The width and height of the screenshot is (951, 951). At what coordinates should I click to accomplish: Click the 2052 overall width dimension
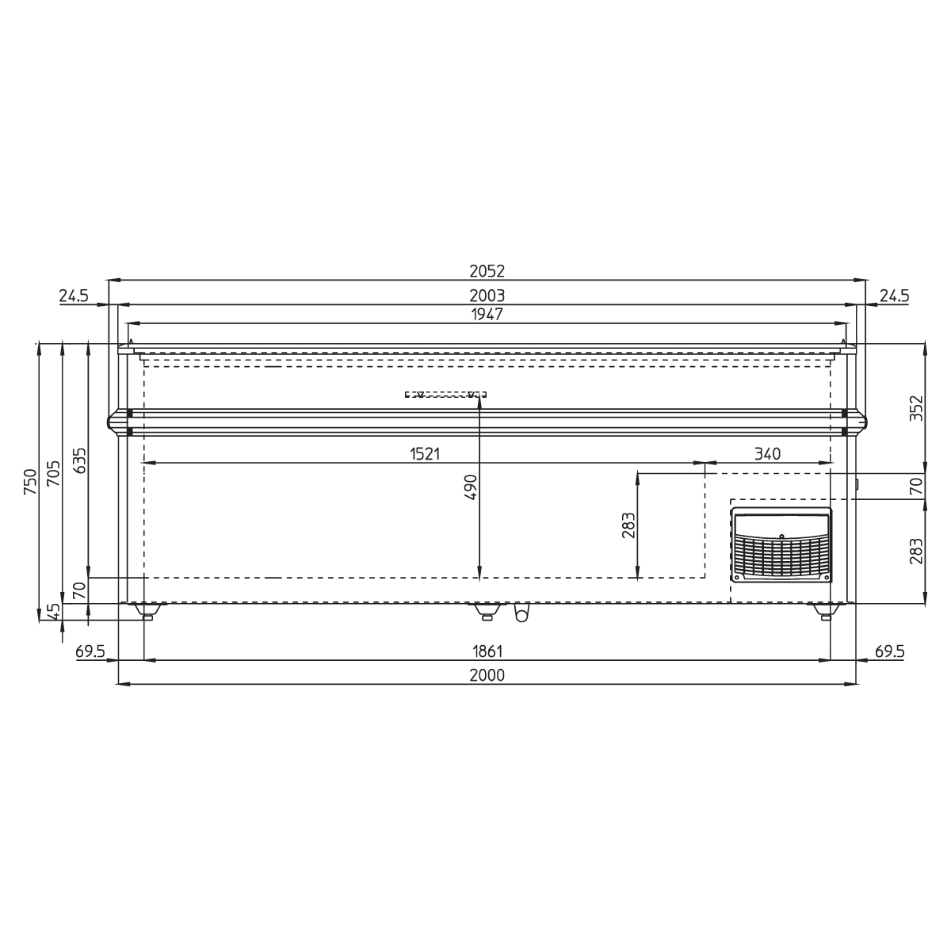point(487,271)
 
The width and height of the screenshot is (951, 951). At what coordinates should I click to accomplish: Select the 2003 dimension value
point(487,296)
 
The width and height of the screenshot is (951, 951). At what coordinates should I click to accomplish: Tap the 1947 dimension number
point(487,315)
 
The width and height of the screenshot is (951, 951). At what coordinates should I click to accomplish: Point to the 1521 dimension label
point(425,453)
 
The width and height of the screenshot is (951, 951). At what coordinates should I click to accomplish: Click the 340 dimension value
point(767,453)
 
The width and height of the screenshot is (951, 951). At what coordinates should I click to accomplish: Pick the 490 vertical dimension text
point(472,487)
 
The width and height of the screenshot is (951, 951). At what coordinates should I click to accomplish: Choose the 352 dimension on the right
point(916,408)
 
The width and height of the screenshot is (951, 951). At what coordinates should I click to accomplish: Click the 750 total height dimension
point(30,482)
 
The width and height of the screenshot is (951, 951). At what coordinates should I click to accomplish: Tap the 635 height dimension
point(79,460)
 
